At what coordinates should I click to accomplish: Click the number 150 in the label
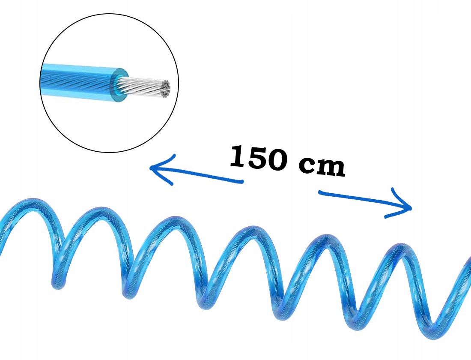tap(259, 158)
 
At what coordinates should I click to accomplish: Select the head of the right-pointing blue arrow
tap(407, 208)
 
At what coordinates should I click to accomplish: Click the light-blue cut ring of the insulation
tap(119, 85)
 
